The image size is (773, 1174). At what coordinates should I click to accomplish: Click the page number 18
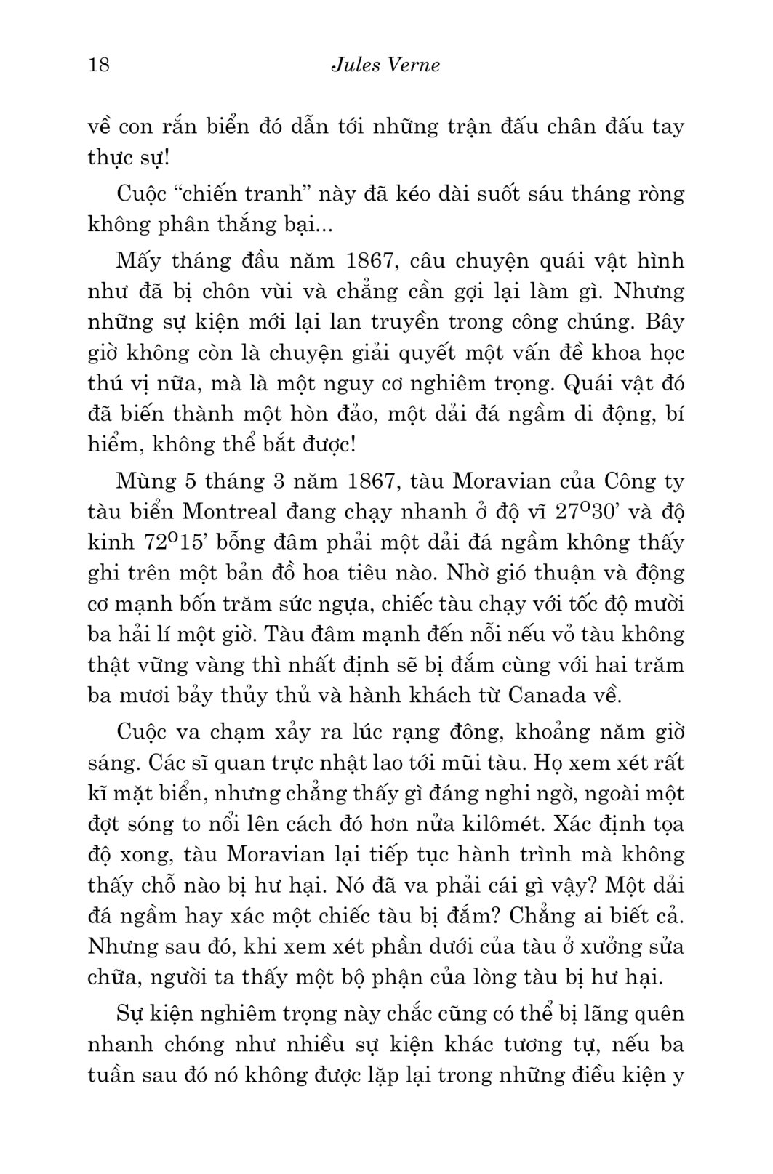coord(97,65)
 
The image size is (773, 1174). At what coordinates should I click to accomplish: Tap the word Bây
coord(665,322)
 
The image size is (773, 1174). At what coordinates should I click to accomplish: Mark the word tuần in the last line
coord(111,1074)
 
